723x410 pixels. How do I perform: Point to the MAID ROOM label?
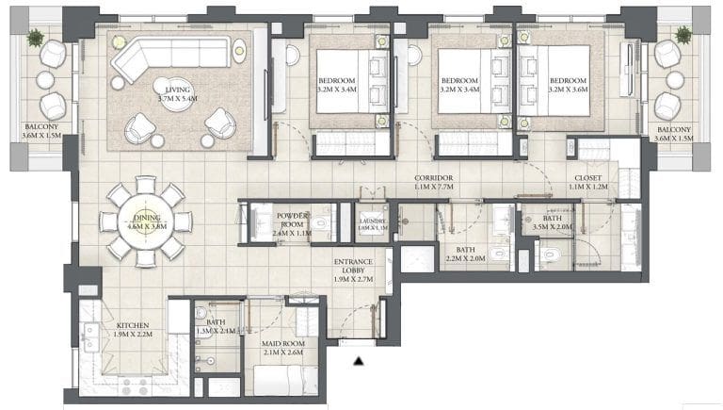pyautogui.click(x=283, y=348)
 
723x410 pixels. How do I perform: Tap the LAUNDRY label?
pyautogui.click(x=374, y=223)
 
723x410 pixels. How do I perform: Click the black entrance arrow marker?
pyautogui.click(x=358, y=360)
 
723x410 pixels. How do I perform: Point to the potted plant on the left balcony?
pyautogui.click(x=36, y=38)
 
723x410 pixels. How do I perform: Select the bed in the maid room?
pyautogui.click(x=283, y=381)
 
